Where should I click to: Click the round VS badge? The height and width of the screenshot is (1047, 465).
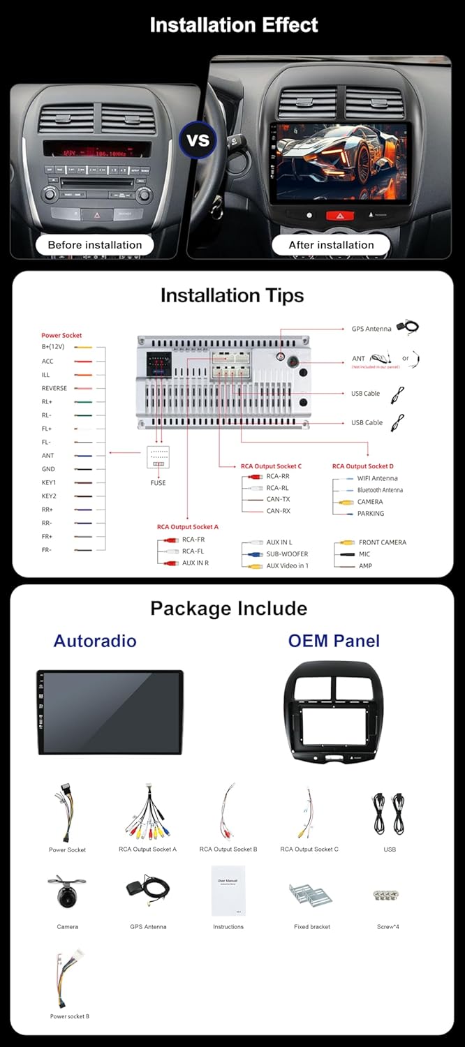[x=198, y=140]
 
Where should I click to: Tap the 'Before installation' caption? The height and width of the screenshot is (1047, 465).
[x=94, y=245]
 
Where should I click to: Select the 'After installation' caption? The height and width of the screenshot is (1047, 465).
[x=331, y=245]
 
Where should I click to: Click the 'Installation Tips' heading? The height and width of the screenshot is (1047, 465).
[x=232, y=295]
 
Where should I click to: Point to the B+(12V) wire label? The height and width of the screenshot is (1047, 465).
[x=53, y=347]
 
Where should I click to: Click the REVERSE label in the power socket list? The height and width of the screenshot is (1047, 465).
[x=54, y=388]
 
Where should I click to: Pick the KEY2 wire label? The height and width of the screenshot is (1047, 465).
[x=49, y=496]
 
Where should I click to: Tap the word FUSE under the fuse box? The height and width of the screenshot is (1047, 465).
[x=158, y=483]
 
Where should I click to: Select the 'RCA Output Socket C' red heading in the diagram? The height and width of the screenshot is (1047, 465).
[x=271, y=466]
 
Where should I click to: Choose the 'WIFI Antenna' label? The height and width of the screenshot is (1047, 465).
[x=377, y=478]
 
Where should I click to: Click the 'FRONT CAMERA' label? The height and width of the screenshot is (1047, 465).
[x=382, y=542]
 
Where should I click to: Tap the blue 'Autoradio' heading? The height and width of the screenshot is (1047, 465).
[x=95, y=641]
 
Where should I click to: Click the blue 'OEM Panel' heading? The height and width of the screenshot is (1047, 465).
[x=334, y=641]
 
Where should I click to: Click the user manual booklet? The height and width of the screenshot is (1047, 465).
[x=228, y=891]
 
